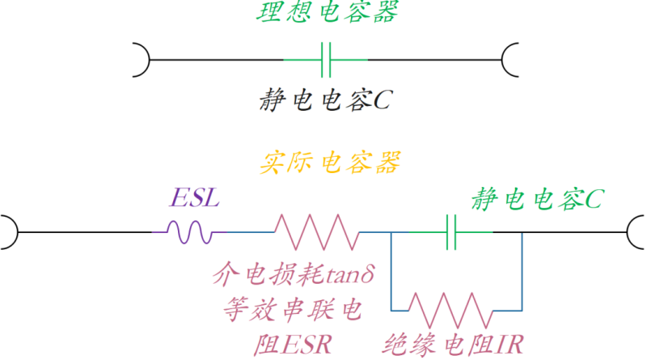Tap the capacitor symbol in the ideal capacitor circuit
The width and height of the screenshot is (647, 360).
tap(326, 59)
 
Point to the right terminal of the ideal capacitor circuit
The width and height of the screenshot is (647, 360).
tap(511, 59)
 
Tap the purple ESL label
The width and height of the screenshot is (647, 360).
tap(193, 198)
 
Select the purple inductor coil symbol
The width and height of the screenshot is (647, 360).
tap(191, 232)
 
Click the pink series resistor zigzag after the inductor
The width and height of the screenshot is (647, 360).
tap(316, 232)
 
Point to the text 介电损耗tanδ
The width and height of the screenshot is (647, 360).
tap(294, 277)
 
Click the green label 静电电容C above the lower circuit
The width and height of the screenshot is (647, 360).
tap(536, 198)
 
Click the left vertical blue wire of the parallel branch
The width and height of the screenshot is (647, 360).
tap(391, 271)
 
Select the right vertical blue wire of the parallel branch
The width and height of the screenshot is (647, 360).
tap(522, 271)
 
